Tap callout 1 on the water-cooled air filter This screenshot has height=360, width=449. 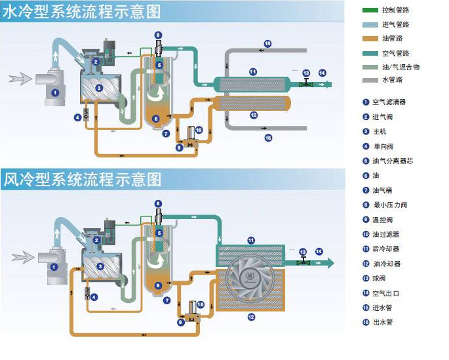[x=55, y=93]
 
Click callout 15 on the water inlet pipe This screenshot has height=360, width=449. [x=267, y=43]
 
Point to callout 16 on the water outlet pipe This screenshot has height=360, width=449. [x=267, y=138]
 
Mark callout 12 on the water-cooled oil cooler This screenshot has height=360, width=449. [x=253, y=115]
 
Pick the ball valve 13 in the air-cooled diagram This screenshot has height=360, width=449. [x=303, y=262]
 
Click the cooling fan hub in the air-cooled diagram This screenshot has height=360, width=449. [x=251, y=279]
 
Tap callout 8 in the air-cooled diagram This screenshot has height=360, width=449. [x=157, y=202]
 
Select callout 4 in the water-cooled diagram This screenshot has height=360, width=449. [x=77, y=117]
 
